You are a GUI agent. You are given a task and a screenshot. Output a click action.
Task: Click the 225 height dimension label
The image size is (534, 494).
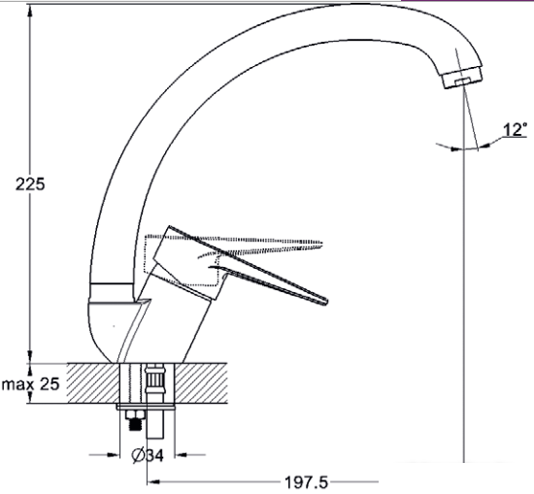tap(30, 184)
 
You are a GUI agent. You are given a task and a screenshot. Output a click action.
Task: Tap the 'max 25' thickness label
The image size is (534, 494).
tap(31, 384)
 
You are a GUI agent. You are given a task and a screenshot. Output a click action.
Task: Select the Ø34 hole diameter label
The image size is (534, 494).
tap(148, 455)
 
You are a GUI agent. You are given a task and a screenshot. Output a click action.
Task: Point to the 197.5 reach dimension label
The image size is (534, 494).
tap(306, 482)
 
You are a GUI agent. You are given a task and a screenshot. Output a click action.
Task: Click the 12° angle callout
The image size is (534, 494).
tap(515, 129)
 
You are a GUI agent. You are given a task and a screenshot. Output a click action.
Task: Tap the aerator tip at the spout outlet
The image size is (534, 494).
tap(463, 78)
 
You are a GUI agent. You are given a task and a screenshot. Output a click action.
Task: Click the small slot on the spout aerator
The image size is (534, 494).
tap(463, 82)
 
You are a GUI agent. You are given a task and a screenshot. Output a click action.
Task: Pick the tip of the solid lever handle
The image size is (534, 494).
tap(326, 301)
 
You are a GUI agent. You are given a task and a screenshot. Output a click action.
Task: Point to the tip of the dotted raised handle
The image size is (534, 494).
tap(321, 243)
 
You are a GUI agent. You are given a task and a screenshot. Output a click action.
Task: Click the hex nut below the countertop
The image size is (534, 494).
tap(135, 414)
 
